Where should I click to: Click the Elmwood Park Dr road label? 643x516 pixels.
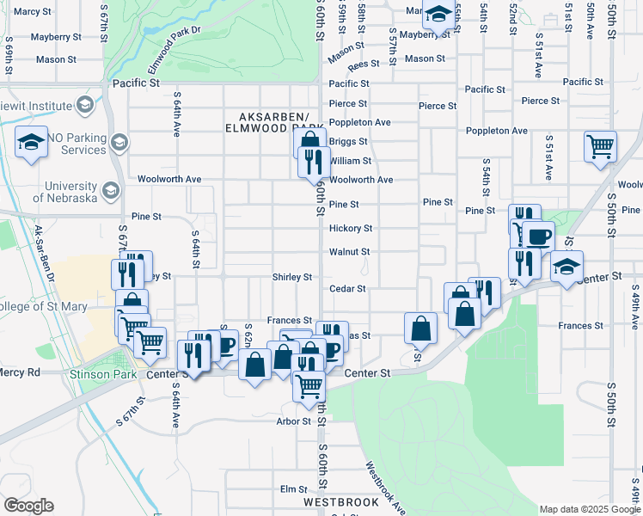pyautogui.click(x=174, y=41)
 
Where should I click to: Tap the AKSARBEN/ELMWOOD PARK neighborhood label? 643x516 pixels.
pyautogui.click(x=273, y=122)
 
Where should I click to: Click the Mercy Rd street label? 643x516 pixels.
pyautogui.click(x=20, y=372)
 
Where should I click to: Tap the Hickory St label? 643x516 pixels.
pyautogui.click(x=351, y=229)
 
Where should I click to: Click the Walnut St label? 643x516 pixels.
pyautogui.click(x=349, y=252)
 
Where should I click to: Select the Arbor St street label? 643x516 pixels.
pyautogui.click(x=293, y=421)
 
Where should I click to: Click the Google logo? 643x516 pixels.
pyautogui.click(x=28, y=506)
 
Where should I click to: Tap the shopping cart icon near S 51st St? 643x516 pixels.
pyautogui.click(x=600, y=145)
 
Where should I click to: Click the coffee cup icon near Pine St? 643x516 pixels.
pyautogui.click(x=538, y=236)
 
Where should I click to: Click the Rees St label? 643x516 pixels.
pyautogui.click(x=364, y=64)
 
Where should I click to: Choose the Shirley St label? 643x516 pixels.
pyautogui.click(x=291, y=277)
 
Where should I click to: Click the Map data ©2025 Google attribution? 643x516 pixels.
pyautogui.click(x=589, y=509)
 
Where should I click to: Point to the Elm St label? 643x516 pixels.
pyautogui.click(x=294, y=489)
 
